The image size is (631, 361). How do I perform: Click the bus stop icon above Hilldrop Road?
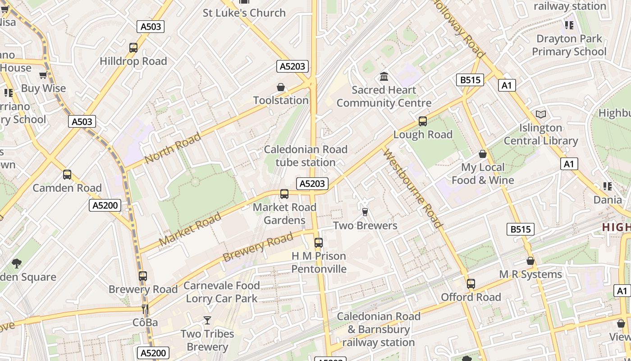point(133,48)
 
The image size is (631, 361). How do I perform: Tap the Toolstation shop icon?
point(281,87)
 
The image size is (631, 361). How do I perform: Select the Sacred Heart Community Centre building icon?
point(384,76)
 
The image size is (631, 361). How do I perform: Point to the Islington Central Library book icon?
point(540,115)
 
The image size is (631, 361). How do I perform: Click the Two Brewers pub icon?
point(365,212)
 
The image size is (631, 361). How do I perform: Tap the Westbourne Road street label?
point(413,188)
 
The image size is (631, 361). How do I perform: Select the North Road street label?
point(173,148)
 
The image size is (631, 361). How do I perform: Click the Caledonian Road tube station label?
point(306,156)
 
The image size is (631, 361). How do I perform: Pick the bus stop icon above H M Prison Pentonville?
point(318,243)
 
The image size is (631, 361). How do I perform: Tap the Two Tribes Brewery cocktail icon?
point(207,320)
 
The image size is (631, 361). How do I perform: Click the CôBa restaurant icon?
point(145,309)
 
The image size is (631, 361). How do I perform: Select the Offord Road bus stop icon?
point(471,284)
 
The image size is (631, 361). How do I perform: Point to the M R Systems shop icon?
point(530,261)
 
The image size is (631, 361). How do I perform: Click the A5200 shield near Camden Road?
point(105,205)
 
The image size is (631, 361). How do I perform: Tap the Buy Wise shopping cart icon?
point(43,75)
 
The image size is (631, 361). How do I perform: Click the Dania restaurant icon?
point(607,186)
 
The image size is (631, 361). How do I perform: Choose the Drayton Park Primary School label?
point(569,45)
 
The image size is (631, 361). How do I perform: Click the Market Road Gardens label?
point(284,213)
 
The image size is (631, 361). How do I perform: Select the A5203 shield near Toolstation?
point(293,66)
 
